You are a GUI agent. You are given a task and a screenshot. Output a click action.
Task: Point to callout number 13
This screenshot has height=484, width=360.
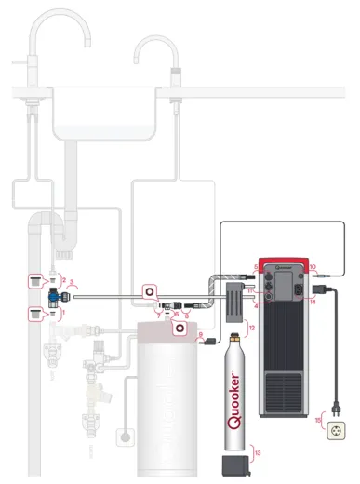[x=258, y=451]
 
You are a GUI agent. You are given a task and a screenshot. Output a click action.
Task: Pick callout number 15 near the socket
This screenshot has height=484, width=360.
[x=319, y=420]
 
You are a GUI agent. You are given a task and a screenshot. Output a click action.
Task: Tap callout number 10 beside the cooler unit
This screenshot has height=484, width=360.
[x=313, y=268]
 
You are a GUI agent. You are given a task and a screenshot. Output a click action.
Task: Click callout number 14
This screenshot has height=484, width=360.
[x=313, y=302]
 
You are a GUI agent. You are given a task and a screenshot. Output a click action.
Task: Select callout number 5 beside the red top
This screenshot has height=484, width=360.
[x=256, y=268]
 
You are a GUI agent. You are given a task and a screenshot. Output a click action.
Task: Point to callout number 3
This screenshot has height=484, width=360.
[x=73, y=281]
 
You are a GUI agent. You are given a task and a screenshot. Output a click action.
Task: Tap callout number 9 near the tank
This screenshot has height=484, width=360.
[x=198, y=340]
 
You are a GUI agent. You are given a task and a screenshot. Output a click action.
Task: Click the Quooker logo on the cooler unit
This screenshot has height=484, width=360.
[x=284, y=262]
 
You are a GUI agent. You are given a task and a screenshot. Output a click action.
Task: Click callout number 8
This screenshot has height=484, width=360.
[x=186, y=316]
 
